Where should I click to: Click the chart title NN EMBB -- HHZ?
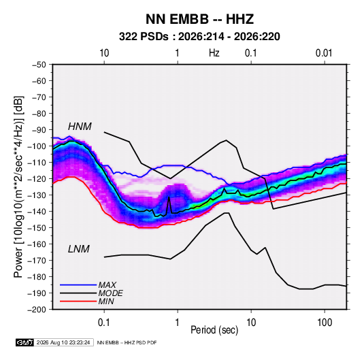coord(199,19)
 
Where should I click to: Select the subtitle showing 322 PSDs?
coord(199,37)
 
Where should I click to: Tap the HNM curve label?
coord(80,127)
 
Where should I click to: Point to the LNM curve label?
coord(79,249)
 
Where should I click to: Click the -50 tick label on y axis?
coord(39,65)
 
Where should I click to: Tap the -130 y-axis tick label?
coord(37,195)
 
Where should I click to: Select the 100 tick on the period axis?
coord(325,322)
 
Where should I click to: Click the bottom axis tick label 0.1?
coord(104,322)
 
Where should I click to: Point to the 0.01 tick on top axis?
coord(324,53)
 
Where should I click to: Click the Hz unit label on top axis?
coord(214,53)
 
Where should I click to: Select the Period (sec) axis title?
coord(214,330)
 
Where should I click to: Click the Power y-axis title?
coord(18,186)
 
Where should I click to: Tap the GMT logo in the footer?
coord(25,342)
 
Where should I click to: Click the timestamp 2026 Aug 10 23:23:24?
coord(63,342)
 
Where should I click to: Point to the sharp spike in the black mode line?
coord(169,197)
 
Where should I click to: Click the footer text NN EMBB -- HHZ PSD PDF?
coord(127,342)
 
